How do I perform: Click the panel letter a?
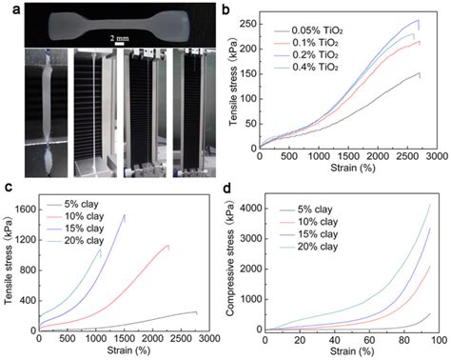[x=16, y=10]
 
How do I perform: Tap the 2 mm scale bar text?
[x=120, y=38]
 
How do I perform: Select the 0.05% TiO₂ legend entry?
[x=308, y=30]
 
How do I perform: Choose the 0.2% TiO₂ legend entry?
[x=306, y=55]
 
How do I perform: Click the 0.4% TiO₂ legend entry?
[x=306, y=68]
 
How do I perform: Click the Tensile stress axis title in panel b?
[x=233, y=95]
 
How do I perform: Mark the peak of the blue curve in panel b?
[x=419, y=20]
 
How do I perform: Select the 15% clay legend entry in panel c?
[x=75, y=229]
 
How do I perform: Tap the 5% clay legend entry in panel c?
[x=72, y=204]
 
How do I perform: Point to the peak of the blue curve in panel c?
[x=125, y=214]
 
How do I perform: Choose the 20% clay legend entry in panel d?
[x=308, y=247]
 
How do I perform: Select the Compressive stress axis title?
[x=230, y=259]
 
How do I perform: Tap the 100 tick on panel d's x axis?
[x=440, y=340]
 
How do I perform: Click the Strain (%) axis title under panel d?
[x=352, y=351]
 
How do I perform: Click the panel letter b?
[x=225, y=10]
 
